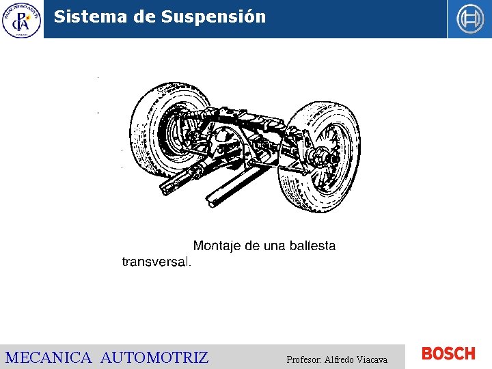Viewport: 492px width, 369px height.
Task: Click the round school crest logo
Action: point(21,19)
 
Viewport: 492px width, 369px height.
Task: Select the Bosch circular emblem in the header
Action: point(469,19)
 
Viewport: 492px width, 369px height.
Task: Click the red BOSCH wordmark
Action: point(448,354)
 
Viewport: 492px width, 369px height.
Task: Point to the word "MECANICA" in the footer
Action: point(48,357)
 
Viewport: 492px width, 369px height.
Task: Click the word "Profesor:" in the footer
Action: point(304,359)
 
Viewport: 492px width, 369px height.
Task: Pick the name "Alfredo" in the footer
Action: point(340,359)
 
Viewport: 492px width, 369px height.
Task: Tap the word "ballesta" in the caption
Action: point(312,246)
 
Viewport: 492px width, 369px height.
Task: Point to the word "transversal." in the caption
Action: point(157,262)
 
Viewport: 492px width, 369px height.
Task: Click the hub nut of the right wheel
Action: point(328,159)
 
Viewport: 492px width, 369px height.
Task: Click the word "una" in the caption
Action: point(273,246)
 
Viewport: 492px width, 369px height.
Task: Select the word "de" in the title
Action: point(144,16)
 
